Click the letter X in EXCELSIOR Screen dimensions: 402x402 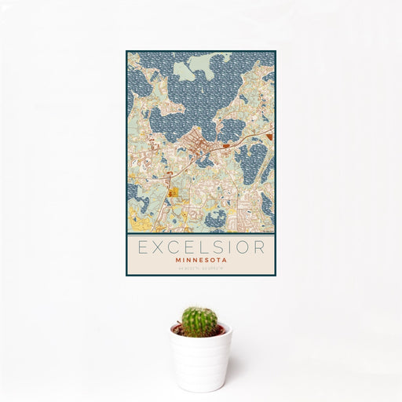point(158,247)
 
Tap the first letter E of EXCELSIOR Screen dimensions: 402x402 point(142,247)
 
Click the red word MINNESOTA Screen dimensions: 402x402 point(201,261)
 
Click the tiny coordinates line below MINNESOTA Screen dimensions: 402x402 point(201,269)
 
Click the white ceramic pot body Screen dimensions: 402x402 point(201,361)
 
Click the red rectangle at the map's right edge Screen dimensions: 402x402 point(270,137)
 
